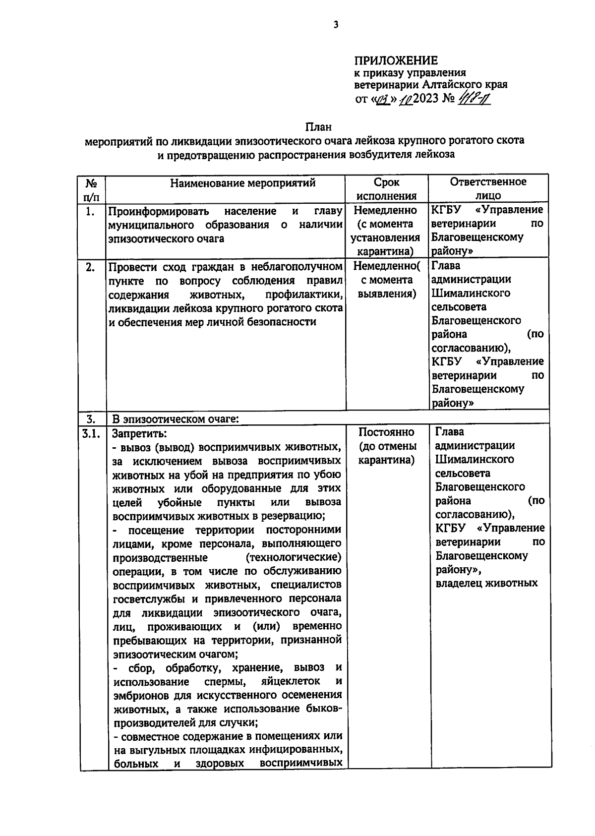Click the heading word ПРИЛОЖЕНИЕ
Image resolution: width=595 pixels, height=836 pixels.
[x=396, y=61]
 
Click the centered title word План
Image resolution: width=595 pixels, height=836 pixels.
[x=318, y=127]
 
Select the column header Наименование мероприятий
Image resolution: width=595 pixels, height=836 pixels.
[x=243, y=183]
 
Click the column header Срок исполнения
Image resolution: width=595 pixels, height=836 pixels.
[x=387, y=189]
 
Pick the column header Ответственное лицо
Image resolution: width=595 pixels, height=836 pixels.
[x=488, y=188]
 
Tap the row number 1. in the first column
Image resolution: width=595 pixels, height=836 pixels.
[x=90, y=212]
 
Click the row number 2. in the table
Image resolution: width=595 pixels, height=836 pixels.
[x=90, y=267]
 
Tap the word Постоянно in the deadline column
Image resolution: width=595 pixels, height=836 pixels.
[x=386, y=432]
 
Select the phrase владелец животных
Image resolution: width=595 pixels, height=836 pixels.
[x=486, y=583]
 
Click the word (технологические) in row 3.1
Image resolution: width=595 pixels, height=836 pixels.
[x=294, y=557]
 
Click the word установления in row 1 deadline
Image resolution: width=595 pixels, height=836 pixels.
[x=385, y=238]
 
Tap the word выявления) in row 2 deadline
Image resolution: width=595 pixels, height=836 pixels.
[x=386, y=294]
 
